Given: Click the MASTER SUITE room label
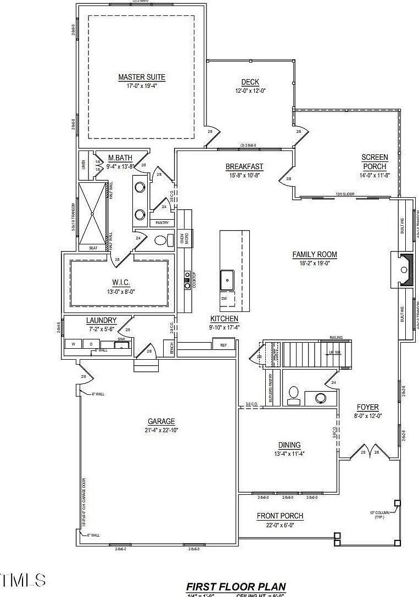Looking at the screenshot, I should (142, 77).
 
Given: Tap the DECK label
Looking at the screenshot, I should (250, 82).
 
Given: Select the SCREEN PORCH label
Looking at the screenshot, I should (375, 162).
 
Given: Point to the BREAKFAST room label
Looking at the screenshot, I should (244, 167).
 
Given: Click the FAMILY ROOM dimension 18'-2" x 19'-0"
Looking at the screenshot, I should (314, 264).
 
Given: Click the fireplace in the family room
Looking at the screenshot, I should (404, 270).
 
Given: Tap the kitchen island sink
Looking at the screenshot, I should (227, 279).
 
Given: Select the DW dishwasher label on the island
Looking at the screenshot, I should (224, 298).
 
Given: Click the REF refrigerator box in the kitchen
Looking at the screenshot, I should (224, 345).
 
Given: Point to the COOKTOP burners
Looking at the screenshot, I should (187, 279).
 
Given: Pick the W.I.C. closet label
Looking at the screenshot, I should (120, 282).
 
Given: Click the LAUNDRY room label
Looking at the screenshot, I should (102, 320).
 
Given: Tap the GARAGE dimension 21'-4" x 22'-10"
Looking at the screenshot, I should (161, 430).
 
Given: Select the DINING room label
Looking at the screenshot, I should (289, 445).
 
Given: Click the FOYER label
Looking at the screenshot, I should (367, 407).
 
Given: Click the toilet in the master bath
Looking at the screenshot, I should (160, 241).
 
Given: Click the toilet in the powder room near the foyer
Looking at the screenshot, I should (294, 393).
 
